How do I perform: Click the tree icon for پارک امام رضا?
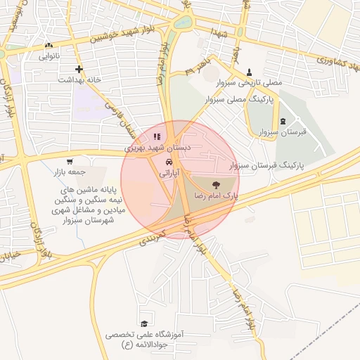[x=216, y=186]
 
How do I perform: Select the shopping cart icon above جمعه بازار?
[x=69, y=162]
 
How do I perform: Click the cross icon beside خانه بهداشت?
[x=79, y=69]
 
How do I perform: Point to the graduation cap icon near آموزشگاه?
[x=144, y=323]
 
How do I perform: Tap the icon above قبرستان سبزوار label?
[x=283, y=122]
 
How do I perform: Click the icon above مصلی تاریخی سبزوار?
[x=250, y=72]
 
